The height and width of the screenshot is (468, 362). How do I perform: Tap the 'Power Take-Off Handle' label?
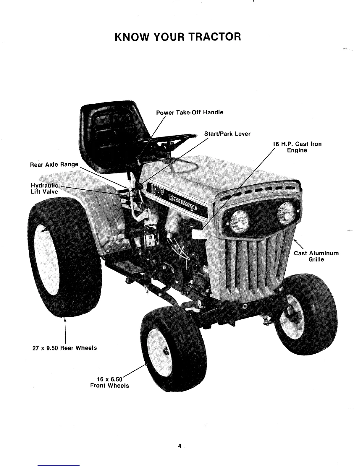point(190,112)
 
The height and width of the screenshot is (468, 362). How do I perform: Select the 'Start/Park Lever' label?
point(227,134)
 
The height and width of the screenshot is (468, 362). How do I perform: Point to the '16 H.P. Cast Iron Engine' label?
point(297,147)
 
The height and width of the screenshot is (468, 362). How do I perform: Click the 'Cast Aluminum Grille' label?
point(316,256)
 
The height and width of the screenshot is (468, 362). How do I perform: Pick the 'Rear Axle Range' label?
point(54,164)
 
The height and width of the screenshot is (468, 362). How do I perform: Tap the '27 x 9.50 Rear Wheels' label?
point(64,348)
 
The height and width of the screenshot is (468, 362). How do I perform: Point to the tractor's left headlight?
point(239,219)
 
